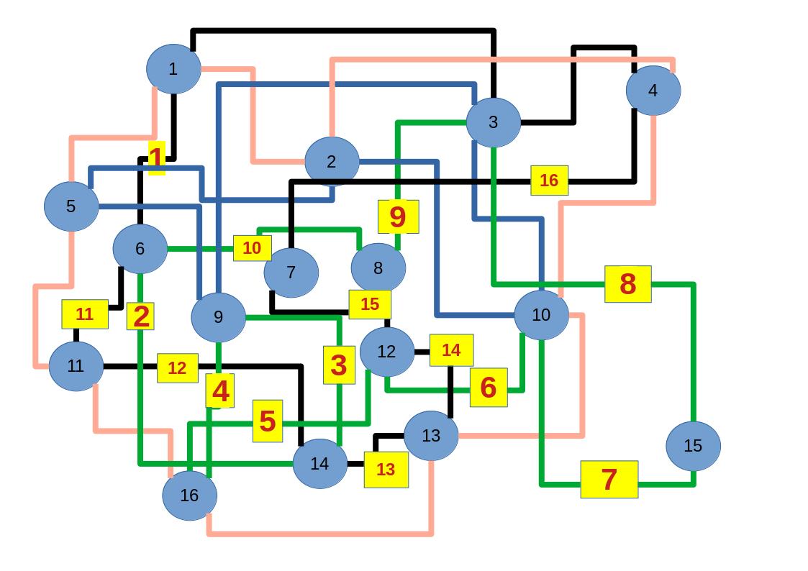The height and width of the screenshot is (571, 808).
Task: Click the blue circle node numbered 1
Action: (173, 69)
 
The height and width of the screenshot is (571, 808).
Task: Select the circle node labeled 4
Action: (653, 91)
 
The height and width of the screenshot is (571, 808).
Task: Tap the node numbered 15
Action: (693, 446)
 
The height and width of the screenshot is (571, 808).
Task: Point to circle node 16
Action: (189, 495)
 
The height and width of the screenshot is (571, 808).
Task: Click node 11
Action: (76, 366)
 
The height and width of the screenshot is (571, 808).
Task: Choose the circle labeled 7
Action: (291, 273)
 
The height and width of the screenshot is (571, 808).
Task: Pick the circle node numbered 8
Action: (378, 268)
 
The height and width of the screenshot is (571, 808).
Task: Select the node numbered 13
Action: (431, 435)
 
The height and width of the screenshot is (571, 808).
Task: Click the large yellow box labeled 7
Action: (609, 479)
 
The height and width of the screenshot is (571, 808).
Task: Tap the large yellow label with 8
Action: (627, 284)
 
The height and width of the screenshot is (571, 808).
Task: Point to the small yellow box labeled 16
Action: (549, 181)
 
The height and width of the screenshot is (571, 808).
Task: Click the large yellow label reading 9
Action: (398, 216)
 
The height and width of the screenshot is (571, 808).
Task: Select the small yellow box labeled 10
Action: (252, 248)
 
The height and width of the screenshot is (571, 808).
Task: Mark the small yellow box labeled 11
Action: (85, 314)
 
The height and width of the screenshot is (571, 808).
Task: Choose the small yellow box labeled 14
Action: (451, 350)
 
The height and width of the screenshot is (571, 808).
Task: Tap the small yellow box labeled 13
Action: (386, 470)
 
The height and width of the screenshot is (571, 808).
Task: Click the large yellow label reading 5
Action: (268, 421)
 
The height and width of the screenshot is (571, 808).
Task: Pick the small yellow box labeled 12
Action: (177, 368)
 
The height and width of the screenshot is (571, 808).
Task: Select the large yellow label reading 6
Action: (489, 387)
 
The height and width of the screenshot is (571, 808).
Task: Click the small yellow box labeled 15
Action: (370, 304)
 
